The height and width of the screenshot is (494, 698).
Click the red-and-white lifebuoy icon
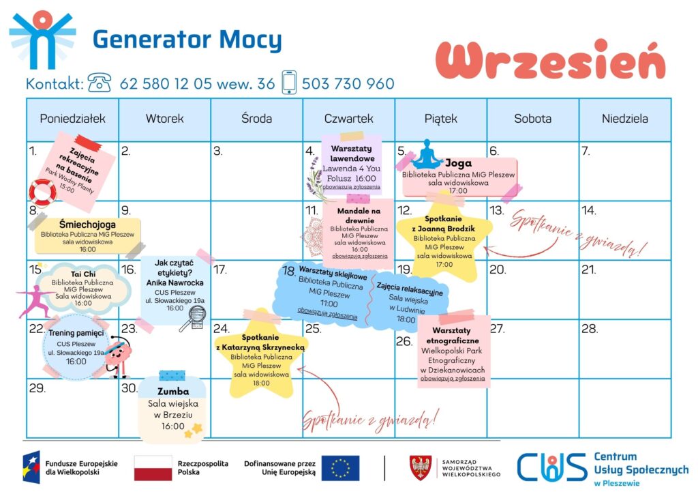tap(43, 192)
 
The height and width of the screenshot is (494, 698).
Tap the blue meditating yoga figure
tap(427, 154)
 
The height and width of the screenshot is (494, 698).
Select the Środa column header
tap(256, 119)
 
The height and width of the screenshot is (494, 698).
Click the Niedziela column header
tap(624, 119)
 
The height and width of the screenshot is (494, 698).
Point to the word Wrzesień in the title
tap(551, 61)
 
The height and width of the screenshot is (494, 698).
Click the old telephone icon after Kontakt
tap(100, 83)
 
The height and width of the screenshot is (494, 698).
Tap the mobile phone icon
tap(289, 82)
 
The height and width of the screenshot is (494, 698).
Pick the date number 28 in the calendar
tap(590, 329)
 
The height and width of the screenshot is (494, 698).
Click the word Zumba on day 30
tap(173, 391)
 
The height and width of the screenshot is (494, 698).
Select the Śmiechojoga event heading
tap(87, 224)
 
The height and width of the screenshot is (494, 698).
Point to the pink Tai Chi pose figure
tap(33, 302)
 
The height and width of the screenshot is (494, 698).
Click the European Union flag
tap(340, 468)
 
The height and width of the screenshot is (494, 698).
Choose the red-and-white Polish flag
tap(153, 468)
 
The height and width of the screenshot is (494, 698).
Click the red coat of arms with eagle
tap(421, 467)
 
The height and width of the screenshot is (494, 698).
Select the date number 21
tap(588, 270)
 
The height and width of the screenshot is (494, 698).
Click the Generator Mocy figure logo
tap(42, 40)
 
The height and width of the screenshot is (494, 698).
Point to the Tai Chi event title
tap(83, 274)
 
